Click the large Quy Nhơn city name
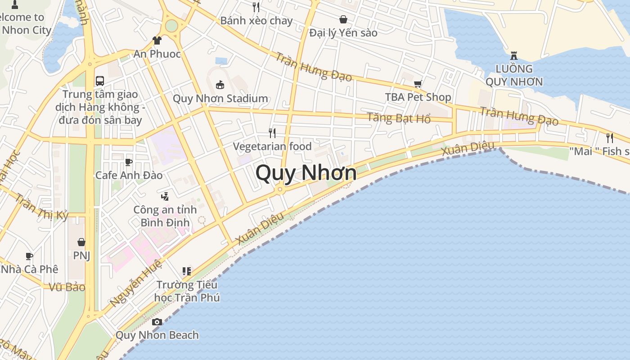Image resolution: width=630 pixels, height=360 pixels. click(306, 173)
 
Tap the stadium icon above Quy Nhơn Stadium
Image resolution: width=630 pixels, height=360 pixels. click(220, 84)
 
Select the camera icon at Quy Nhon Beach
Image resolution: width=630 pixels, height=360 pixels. click(157, 322)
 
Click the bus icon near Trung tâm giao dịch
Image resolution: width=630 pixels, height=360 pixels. click(100, 81)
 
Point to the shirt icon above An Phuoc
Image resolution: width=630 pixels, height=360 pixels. click(157, 40)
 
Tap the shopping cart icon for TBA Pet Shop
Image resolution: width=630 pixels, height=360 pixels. click(418, 84)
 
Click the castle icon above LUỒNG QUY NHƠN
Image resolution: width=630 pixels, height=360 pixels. click(513, 56)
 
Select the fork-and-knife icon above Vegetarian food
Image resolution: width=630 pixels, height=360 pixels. click(272, 133)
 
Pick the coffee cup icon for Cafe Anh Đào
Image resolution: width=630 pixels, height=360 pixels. click(129, 162)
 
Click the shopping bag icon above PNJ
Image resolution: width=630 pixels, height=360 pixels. click(81, 242)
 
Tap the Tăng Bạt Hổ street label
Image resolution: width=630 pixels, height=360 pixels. click(399, 118)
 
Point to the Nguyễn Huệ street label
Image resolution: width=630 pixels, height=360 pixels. click(135, 283)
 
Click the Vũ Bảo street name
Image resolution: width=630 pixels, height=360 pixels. click(67, 287)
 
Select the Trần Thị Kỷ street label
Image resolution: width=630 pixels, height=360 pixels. click(41, 207)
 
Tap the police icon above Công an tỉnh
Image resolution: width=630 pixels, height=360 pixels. click(165, 196)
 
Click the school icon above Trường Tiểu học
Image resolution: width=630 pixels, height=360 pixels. click(187, 271)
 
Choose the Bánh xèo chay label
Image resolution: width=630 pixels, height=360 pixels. click(256, 21)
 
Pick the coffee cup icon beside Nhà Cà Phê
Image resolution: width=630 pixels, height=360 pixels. click(29, 256)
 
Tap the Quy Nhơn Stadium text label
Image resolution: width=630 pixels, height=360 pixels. click(220, 99)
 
